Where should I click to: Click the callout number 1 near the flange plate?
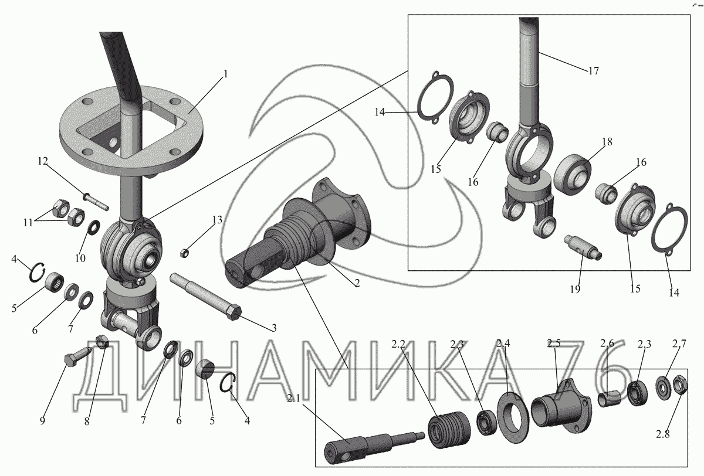click(225, 74)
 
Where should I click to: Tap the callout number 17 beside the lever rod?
click(593, 71)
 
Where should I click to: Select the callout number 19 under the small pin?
click(575, 289)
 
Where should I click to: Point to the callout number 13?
click(217, 219)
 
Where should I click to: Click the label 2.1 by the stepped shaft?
click(294, 399)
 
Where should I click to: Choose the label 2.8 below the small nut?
click(663, 434)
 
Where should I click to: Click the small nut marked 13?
click(184, 253)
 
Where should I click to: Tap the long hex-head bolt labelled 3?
click(205, 296)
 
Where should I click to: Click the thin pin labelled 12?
click(96, 202)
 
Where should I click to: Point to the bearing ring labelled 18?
click(573, 173)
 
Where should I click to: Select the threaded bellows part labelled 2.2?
click(449, 429)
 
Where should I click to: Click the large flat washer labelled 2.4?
click(513, 414)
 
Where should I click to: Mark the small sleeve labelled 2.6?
click(608, 398)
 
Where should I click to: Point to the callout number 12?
click(43, 161)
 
